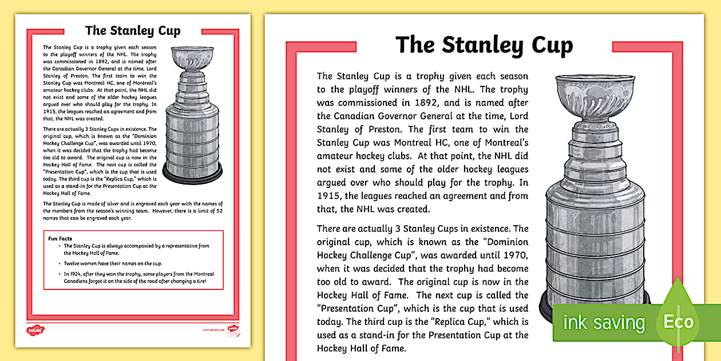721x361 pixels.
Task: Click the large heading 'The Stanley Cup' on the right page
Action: tap(484, 45)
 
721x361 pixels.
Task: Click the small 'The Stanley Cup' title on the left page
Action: tap(132, 30)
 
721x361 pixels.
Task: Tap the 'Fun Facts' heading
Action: tap(60, 238)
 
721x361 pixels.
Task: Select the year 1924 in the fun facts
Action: tap(74, 274)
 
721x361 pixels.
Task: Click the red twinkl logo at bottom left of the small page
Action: tap(35, 329)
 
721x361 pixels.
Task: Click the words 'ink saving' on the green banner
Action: tap(603, 323)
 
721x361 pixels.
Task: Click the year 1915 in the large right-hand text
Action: tap(330, 196)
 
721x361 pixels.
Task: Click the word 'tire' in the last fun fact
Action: tap(200, 281)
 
